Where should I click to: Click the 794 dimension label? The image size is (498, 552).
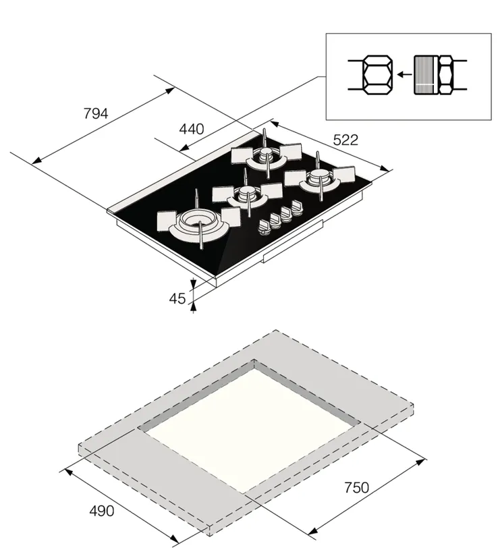[x=96, y=114]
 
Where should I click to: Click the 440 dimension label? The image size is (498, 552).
[x=192, y=129]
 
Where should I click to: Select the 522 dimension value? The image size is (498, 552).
[x=345, y=140]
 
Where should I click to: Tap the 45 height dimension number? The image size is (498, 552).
[x=177, y=298]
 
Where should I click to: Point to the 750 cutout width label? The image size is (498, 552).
[x=356, y=488]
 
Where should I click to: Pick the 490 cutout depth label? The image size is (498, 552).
[x=101, y=511]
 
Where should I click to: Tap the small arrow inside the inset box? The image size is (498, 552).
[x=404, y=74]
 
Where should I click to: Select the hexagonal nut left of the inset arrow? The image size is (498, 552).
[x=378, y=75]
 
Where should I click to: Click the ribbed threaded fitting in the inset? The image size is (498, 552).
[x=426, y=75]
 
